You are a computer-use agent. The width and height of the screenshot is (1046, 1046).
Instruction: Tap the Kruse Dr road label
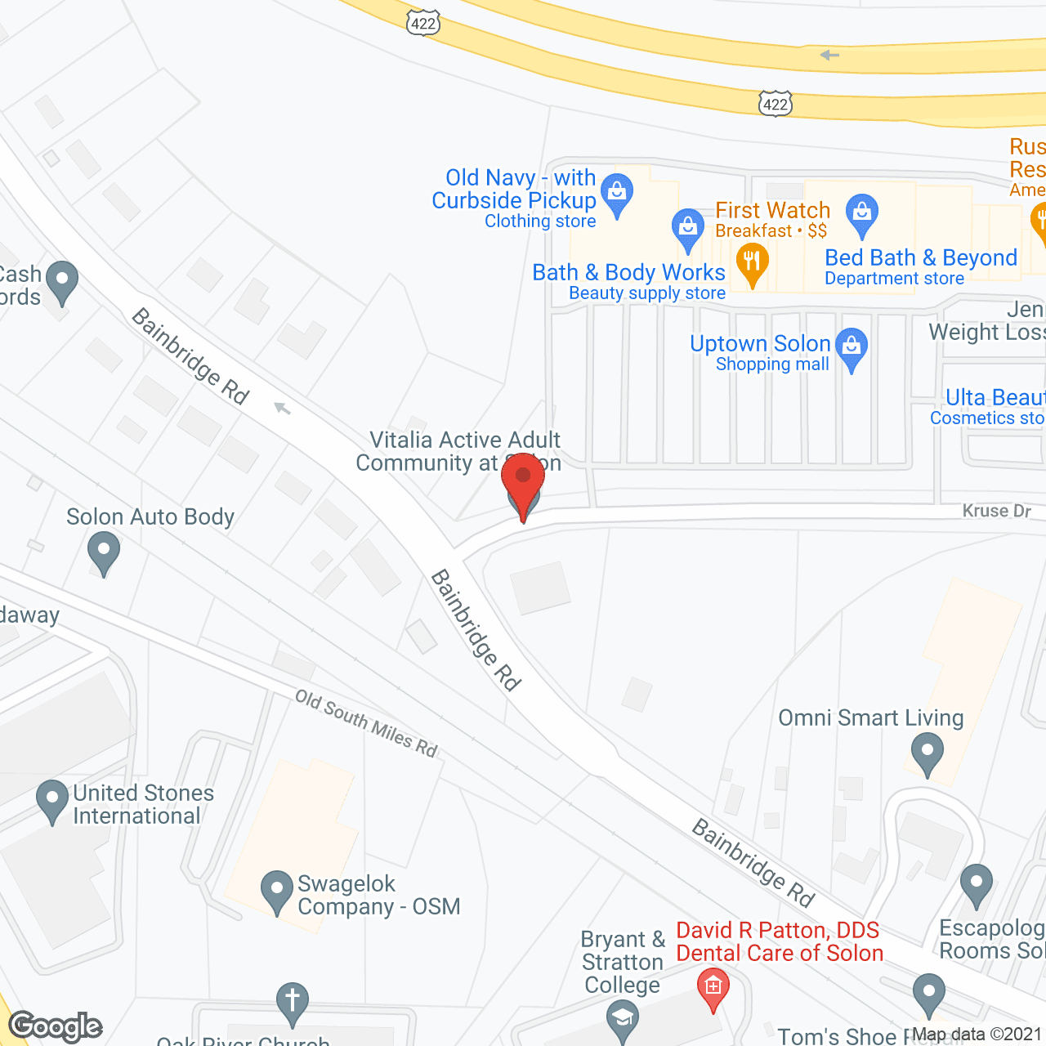996,511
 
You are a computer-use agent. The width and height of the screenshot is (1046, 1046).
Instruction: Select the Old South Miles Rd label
366,723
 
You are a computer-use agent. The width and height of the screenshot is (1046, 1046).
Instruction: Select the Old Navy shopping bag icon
617,193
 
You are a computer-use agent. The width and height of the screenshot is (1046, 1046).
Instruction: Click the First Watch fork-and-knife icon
752,263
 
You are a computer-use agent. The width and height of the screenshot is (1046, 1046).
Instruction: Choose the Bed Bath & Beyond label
921,258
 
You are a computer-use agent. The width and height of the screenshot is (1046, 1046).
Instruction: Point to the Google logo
56,1026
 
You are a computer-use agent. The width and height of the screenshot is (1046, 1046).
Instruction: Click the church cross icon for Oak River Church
293,1001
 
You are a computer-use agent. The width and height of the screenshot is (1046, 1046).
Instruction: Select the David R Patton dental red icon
713,986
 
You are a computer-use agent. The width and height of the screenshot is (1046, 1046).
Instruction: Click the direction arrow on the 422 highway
829,56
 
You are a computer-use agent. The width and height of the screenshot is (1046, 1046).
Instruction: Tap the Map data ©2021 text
977,1035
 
